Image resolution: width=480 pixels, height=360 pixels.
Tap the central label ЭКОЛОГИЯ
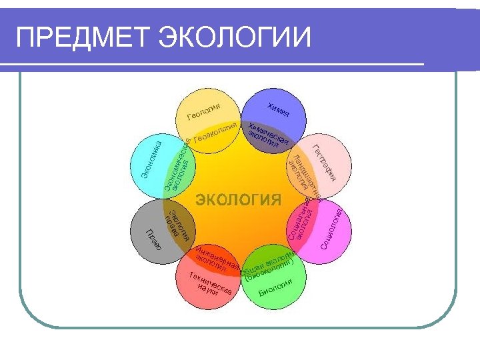coord(238,199)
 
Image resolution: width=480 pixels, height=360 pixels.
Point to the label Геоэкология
coord(216,133)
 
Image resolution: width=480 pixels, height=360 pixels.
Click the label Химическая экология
coord(267,135)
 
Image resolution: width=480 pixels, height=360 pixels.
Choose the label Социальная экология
coord(301,220)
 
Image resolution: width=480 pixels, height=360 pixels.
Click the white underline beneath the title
coord(220,64)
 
